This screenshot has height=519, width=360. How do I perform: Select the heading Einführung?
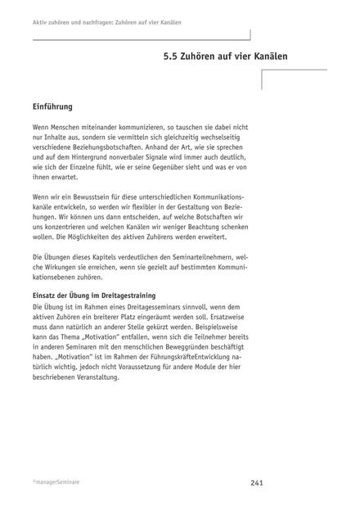coord(57,106)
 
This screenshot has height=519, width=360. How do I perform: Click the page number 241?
coord(256,483)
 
